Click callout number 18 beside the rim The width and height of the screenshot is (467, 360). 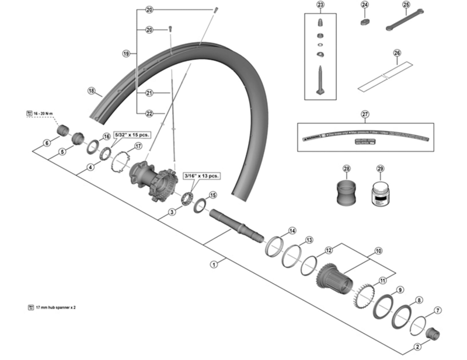click(91, 90)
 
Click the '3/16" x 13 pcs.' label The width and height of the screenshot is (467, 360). click(201, 175)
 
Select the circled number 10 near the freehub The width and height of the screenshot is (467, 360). click(378, 251)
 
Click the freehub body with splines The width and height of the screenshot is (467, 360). click(335, 279)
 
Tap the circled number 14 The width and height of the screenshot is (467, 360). click(292, 230)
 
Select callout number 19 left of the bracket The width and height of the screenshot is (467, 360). click(126, 53)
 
